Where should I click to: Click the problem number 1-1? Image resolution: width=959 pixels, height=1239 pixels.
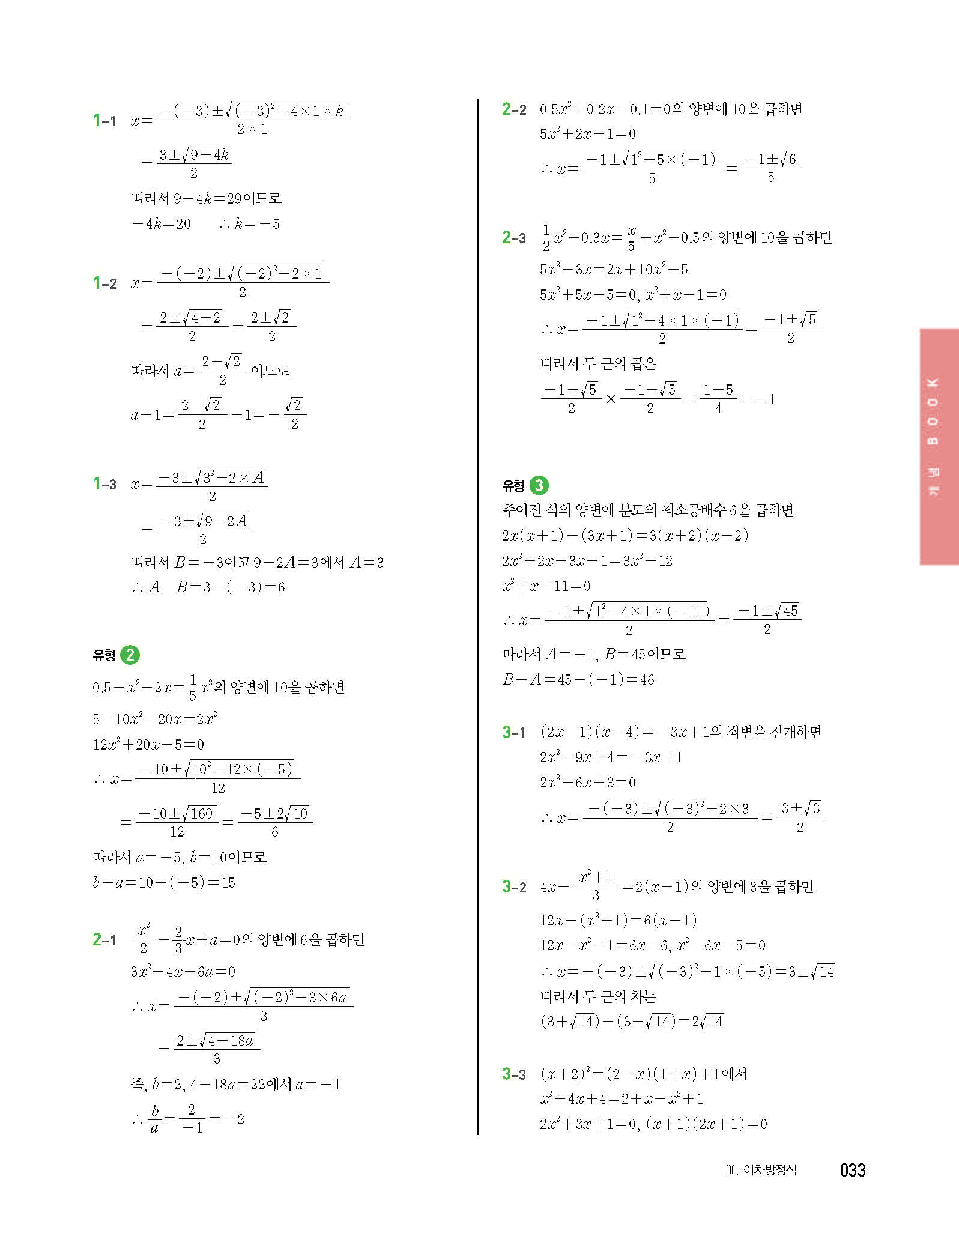pyautogui.click(x=104, y=121)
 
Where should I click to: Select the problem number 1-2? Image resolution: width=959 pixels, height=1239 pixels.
pyautogui.click(x=104, y=283)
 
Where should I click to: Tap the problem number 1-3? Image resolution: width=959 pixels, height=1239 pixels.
pyautogui.click(x=104, y=484)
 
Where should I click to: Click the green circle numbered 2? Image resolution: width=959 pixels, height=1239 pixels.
pyautogui.click(x=130, y=655)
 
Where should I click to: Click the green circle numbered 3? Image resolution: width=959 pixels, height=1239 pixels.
pyautogui.click(x=539, y=485)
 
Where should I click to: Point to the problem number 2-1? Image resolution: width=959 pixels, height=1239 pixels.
pyautogui.click(x=104, y=940)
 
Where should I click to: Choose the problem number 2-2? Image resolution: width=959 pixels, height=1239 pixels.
pyautogui.click(x=514, y=109)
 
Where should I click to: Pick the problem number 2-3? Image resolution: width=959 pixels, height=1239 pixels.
pyautogui.click(x=514, y=238)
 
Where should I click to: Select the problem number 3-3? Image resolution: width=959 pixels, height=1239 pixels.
pyautogui.click(x=514, y=1074)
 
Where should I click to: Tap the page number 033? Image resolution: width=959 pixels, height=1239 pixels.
pyautogui.click(x=853, y=1171)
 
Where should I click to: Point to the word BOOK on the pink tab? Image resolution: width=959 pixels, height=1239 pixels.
pyautogui.click(x=933, y=412)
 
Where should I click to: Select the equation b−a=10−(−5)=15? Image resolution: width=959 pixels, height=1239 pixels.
pyautogui.click(x=164, y=883)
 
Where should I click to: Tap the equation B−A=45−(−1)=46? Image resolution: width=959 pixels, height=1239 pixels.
pyautogui.click(x=578, y=680)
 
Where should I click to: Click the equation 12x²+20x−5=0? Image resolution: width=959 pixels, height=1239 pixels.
pyautogui.click(x=148, y=745)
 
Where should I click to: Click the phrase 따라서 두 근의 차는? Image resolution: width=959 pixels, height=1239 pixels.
pyautogui.click(x=598, y=997)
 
